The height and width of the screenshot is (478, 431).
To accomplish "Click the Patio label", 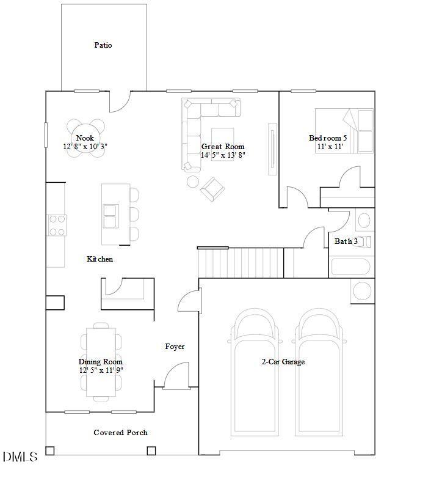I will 103,45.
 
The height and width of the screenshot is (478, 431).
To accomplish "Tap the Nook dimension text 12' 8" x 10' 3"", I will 85,147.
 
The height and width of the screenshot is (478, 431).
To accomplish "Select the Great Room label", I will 223,147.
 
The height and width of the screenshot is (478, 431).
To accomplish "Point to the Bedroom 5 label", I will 328,138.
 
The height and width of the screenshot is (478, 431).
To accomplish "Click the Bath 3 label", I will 346,241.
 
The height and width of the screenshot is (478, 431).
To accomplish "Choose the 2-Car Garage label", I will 283,362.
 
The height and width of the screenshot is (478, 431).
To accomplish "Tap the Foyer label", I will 175,347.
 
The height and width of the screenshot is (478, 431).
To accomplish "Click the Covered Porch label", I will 120,433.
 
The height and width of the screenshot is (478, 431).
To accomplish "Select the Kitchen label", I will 100,259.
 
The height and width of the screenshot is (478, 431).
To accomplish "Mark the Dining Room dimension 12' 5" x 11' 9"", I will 101,370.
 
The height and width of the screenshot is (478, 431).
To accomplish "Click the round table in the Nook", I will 85,138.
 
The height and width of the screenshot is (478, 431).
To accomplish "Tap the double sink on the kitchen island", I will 110,216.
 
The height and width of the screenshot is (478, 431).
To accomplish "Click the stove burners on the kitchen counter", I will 57,224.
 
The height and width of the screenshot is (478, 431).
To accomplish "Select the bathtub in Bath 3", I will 350,268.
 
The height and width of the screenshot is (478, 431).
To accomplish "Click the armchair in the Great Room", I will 212,189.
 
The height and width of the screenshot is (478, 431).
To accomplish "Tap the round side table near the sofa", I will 192,182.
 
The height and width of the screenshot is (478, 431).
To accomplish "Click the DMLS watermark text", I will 20,457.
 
